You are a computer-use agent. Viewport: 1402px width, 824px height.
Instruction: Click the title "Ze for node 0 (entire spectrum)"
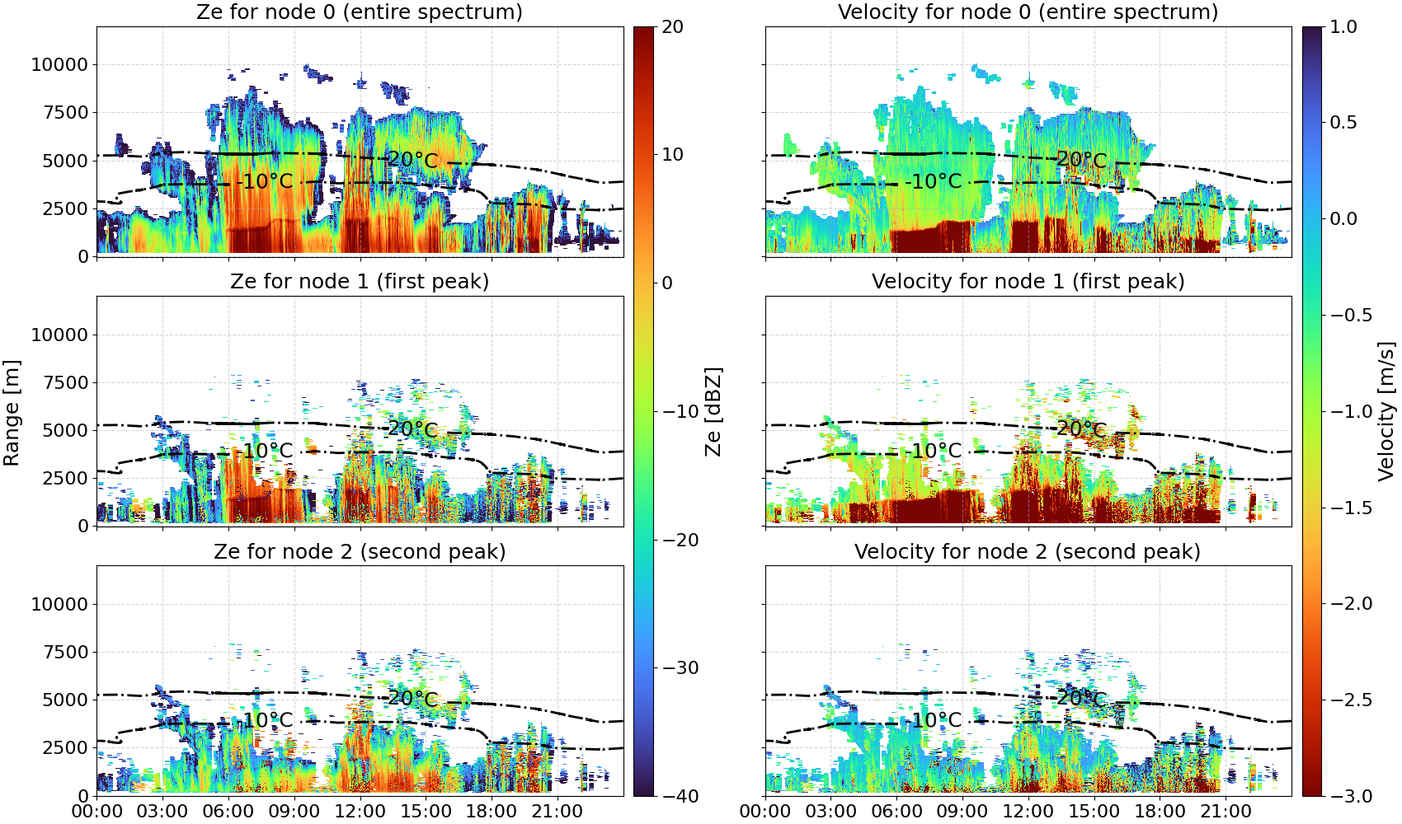(x=360, y=12)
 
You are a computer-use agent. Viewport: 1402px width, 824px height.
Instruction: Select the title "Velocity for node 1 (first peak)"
(x=1028, y=281)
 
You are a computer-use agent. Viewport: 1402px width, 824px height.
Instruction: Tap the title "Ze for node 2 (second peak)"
(x=360, y=551)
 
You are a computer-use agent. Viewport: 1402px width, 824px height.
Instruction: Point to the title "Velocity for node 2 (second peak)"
(x=1028, y=551)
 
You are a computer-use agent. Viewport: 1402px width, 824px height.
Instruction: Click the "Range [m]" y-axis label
(x=12, y=413)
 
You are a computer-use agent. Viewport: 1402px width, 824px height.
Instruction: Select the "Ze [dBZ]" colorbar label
(x=713, y=411)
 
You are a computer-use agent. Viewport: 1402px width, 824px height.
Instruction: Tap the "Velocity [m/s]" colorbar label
(x=1387, y=411)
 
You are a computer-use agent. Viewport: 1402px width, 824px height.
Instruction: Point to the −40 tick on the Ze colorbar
(x=676, y=796)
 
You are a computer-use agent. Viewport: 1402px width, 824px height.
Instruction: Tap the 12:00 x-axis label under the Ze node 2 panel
(x=360, y=812)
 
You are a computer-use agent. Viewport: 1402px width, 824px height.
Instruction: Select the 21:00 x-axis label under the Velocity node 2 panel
(x=1226, y=812)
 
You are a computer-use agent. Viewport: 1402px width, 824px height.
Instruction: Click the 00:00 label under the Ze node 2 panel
(x=97, y=812)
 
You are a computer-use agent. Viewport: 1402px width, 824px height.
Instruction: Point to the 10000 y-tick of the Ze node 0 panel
(x=60, y=64)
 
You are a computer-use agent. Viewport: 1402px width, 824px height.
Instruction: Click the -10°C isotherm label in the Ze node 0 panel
(x=265, y=181)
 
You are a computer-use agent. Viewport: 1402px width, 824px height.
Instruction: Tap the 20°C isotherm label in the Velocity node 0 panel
(x=1081, y=159)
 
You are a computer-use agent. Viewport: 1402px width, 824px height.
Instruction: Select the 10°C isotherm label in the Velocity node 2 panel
(x=936, y=720)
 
